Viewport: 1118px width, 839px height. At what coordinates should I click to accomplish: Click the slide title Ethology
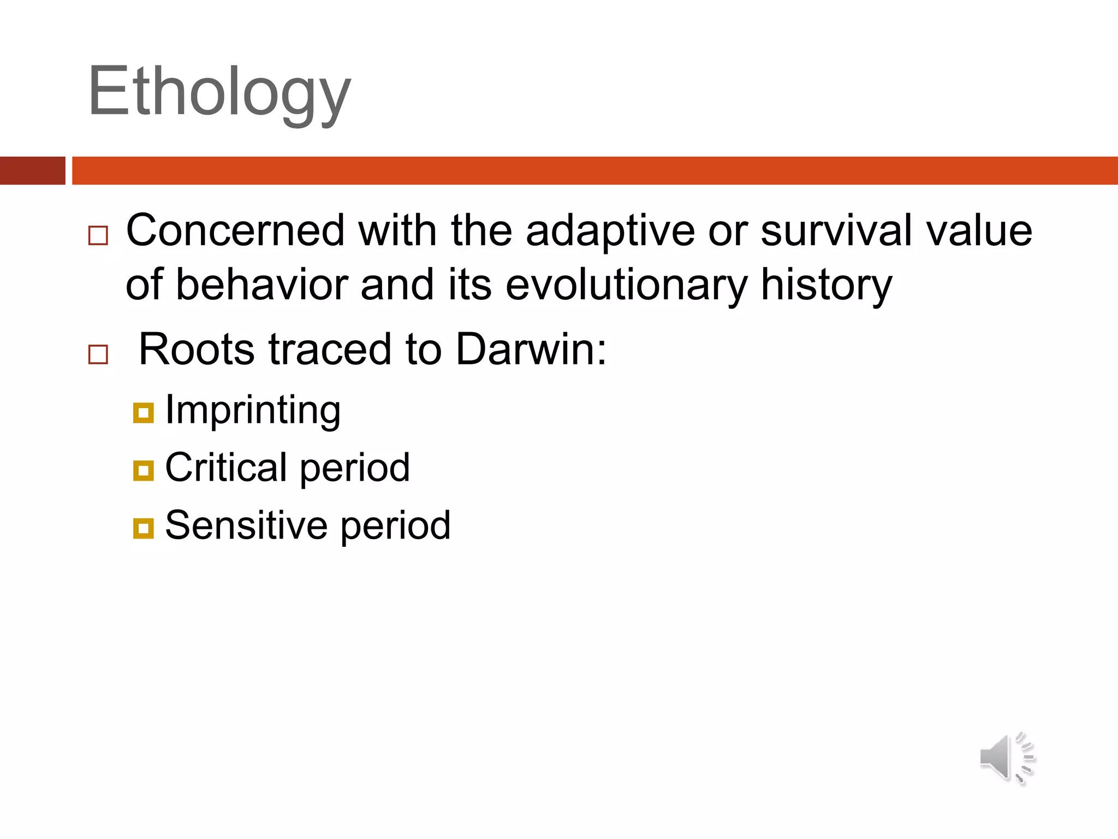219,92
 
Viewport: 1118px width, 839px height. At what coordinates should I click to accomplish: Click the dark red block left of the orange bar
32,170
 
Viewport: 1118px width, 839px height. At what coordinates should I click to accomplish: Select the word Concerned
235,231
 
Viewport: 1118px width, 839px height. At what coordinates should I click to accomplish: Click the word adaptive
610,231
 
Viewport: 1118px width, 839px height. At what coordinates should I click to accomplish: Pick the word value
979,231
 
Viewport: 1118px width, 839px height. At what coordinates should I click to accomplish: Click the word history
826,285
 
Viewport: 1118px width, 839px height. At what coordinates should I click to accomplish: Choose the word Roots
197,350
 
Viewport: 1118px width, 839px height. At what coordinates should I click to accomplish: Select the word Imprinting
253,411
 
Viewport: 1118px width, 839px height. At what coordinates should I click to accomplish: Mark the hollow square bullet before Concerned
98,236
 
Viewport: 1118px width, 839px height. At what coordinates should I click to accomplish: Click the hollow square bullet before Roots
98,355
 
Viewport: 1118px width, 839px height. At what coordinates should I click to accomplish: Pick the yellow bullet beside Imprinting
143,413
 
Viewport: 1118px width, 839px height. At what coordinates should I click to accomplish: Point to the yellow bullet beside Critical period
143,470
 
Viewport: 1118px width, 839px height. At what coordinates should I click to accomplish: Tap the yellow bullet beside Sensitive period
143,528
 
